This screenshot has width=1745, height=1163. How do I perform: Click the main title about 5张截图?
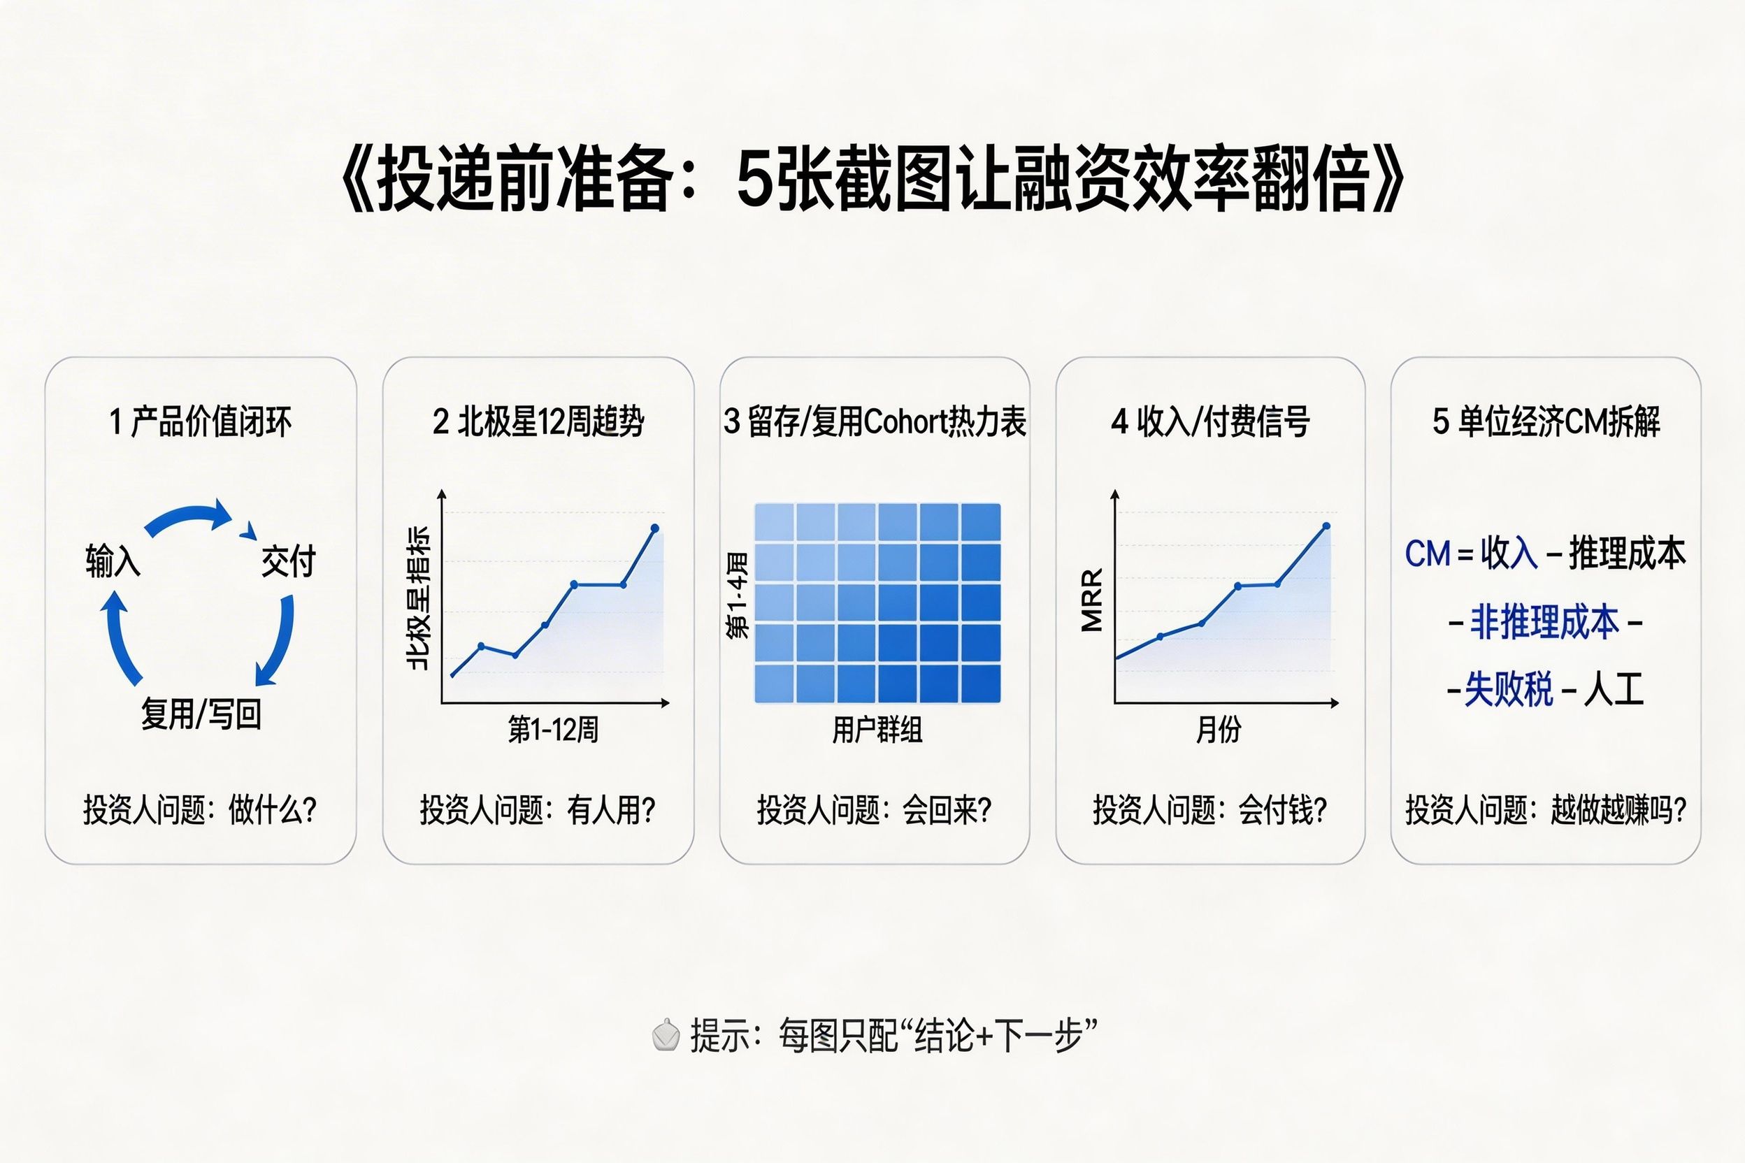[x=872, y=180]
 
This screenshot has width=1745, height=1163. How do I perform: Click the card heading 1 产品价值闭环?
[x=201, y=422]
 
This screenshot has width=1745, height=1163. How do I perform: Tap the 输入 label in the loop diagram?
[x=113, y=560]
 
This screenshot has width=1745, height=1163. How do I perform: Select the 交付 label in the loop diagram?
[x=289, y=561]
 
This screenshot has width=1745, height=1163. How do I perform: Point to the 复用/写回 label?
[x=201, y=714]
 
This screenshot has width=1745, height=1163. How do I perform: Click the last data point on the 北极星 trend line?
[x=654, y=528]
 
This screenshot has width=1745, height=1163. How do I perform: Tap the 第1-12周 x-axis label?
[x=553, y=730]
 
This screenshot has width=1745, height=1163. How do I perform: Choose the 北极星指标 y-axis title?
[x=419, y=598]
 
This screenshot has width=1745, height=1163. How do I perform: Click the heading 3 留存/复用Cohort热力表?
[x=875, y=422]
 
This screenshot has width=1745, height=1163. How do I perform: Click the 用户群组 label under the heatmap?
[x=877, y=730]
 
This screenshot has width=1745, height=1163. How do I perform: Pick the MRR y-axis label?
[x=1092, y=599]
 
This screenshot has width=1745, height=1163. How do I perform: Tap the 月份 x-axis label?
[x=1219, y=730]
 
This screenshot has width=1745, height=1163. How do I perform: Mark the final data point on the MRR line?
[x=1326, y=526]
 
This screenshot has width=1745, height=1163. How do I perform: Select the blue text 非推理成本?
[x=1544, y=621]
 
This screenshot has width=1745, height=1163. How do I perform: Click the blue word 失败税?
[x=1507, y=690]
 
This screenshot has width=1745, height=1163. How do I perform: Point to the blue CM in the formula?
[x=1427, y=554]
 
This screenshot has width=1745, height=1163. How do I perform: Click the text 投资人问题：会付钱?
[x=1209, y=810]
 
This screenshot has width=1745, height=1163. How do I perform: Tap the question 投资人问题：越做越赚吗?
[x=1546, y=810]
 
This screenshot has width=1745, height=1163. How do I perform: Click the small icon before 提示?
[x=665, y=1035]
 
